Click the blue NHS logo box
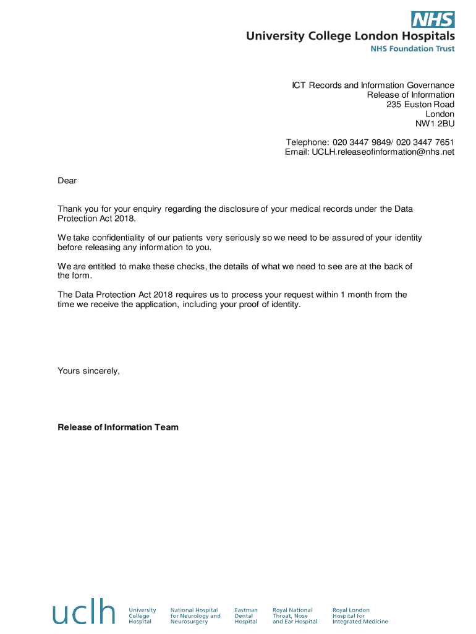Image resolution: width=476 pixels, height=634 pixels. point(433,20)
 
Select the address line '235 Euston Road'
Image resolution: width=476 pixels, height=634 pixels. point(420,105)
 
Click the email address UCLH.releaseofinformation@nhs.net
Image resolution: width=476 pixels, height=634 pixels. point(383,152)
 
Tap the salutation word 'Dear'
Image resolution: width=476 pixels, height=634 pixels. point(67,181)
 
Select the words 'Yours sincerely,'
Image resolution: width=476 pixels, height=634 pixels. point(88,371)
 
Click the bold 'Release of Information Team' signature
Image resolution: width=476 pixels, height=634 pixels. point(118,427)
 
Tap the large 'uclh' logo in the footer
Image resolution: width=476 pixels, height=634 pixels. point(83,612)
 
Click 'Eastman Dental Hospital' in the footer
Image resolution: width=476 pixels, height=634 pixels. point(246,615)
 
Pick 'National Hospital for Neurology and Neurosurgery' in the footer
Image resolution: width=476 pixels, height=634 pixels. point(195,615)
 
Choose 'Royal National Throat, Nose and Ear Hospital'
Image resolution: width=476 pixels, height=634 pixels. point(295,615)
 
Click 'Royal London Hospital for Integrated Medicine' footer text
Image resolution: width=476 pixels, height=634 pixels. point(360,615)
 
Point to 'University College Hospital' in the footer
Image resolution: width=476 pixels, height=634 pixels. point(142,615)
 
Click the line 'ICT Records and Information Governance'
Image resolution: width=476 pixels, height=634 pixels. point(373,85)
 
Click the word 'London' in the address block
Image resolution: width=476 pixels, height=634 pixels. point(440,114)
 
